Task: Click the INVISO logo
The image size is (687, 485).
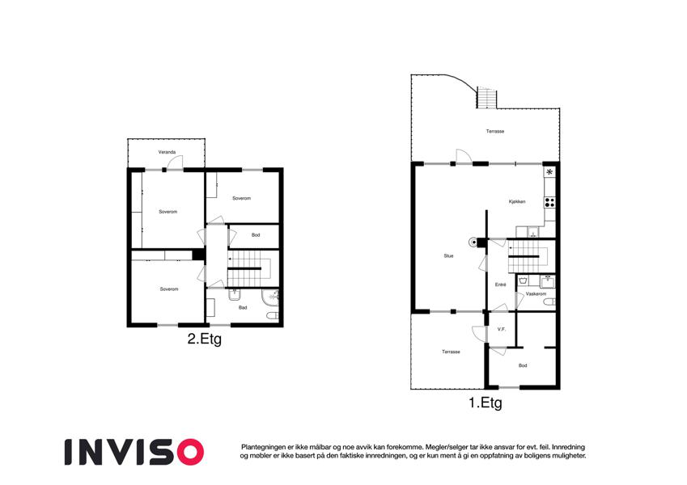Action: click(x=134, y=452)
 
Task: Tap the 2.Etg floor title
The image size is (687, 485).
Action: click(x=205, y=339)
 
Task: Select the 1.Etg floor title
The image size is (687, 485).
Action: click(x=486, y=403)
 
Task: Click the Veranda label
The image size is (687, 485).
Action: click(x=167, y=152)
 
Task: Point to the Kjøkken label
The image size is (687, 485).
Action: click(x=517, y=202)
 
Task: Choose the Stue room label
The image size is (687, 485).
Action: click(x=448, y=256)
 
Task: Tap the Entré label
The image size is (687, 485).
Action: click(x=501, y=285)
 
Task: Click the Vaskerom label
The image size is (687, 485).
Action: click(x=536, y=294)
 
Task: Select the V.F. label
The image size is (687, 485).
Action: click(x=502, y=329)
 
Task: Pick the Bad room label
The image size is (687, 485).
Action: click(x=243, y=308)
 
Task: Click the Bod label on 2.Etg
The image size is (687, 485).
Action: click(x=256, y=235)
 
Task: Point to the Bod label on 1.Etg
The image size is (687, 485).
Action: click(x=523, y=365)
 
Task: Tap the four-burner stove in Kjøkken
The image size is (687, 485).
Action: click(x=550, y=203)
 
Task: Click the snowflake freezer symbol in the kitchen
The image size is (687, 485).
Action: click(x=549, y=172)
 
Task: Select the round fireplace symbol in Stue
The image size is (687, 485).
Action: click(x=473, y=242)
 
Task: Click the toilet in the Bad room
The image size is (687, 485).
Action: click(x=273, y=315)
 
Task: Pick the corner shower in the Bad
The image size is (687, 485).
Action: click(x=270, y=297)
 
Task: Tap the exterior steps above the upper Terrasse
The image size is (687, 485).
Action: click(x=487, y=98)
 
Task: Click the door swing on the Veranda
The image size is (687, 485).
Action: click(x=176, y=162)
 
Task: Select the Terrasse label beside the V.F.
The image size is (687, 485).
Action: click(x=451, y=352)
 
